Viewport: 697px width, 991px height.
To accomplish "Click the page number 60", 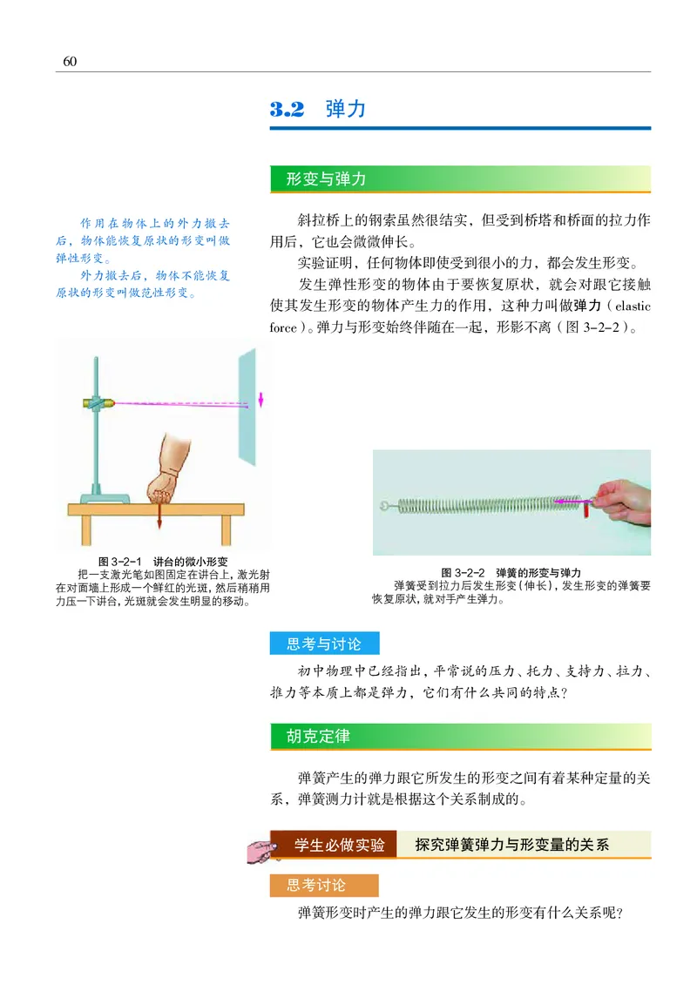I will pyautogui.click(x=71, y=60).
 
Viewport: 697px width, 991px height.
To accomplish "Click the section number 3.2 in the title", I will pyautogui.click(x=287, y=110).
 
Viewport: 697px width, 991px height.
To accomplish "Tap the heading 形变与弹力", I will pyautogui.click(x=326, y=179).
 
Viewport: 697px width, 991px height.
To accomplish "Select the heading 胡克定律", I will pyautogui.click(x=318, y=737).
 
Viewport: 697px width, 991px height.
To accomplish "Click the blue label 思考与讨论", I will pyautogui.click(x=323, y=644).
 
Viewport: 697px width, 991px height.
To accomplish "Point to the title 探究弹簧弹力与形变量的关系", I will pyautogui.click(x=512, y=845).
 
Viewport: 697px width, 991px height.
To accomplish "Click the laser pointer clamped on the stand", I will pyautogui.click(x=96, y=402).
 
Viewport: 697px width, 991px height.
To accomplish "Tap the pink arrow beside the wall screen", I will pyautogui.click(x=260, y=400).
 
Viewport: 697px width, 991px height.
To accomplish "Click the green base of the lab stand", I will pyautogui.click(x=105, y=497).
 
